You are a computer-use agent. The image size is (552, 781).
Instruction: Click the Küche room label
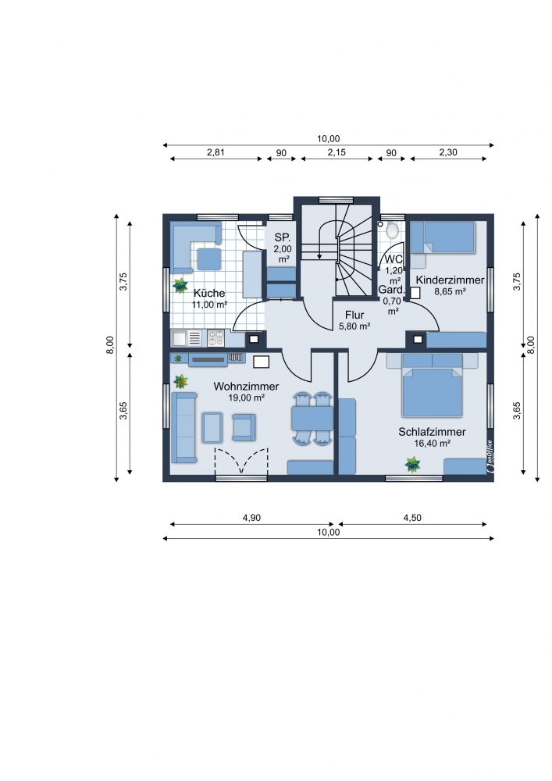coord(209,294)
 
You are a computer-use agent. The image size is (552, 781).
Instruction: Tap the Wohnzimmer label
coord(246,387)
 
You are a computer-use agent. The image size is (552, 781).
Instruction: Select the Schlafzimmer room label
coord(432,432)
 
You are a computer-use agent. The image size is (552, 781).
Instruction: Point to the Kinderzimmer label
coord(450,280)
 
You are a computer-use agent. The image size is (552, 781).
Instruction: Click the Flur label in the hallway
coord(354,316)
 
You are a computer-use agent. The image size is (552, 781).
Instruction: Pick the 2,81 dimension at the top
coord(215,152)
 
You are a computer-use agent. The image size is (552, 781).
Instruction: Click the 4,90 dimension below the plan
coord(251,518)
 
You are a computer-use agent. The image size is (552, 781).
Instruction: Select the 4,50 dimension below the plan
coord(412,518)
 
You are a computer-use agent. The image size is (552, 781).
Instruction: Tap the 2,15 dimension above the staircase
coord(337,152)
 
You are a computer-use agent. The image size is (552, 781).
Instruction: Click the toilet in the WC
coord(392,230)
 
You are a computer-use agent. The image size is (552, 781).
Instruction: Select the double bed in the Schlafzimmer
coord(432,391)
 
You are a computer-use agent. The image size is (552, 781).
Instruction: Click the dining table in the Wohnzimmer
coord(312,418)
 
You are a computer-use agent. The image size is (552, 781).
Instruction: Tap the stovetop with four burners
coord(216,338)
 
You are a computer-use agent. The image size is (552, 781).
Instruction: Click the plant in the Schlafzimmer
coord(412,465)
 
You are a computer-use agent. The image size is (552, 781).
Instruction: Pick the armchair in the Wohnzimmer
coord(244,427)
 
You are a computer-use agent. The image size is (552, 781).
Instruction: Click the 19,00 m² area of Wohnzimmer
coord(246,398)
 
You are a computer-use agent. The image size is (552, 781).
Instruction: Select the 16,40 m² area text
coord(432,443)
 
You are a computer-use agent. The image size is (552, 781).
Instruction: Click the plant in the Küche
coord(180,286)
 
